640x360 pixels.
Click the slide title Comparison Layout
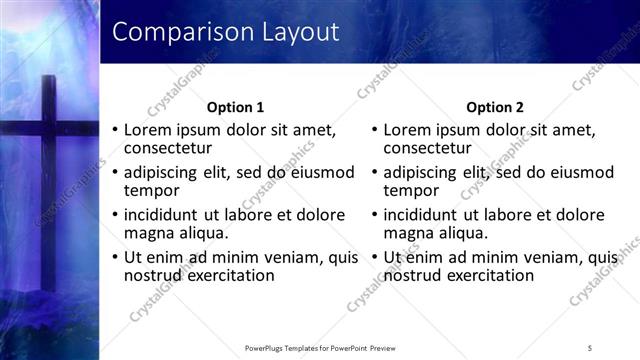point(225,32)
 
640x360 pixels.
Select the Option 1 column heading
point(235,107)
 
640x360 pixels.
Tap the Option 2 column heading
point(495,107)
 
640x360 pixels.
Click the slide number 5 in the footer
point(590,347)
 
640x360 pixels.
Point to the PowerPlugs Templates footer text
point(320,347)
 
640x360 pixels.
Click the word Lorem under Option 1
point(147,130)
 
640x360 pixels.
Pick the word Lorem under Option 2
point(407,130)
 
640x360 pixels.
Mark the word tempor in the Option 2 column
point(412,190)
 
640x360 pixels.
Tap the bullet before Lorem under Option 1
point(115,131)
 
